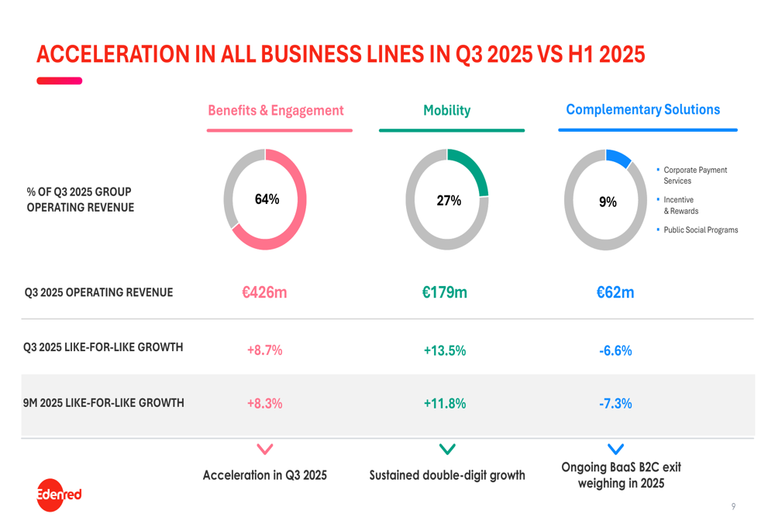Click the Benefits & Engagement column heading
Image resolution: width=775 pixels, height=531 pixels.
[x=275, y=111]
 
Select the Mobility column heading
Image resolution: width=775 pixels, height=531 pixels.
[x=446, y=111]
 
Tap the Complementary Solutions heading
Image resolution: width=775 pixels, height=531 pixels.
[x=642, y=110]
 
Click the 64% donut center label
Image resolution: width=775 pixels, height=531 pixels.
[x=267, y=199]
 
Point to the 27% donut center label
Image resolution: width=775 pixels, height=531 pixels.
[x=448, y=201]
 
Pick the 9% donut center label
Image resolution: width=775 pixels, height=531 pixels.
[x=608, y=202]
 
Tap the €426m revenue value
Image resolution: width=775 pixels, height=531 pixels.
[x=264, y=293]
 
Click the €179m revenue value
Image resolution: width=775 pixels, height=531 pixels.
[x=444, y=293]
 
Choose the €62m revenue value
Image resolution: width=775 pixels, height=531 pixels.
[x=615, y=293]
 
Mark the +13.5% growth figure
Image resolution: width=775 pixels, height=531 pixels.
[x=444, y=350]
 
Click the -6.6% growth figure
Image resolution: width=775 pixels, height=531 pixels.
[x=615, y=350]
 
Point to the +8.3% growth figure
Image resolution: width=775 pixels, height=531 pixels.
[x=264, y=403]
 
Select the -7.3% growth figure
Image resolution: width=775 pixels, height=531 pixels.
[x=615, y=403]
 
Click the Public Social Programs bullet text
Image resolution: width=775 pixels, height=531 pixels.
[x=701, y=230]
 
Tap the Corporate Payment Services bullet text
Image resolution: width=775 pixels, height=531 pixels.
[x=695, y=175]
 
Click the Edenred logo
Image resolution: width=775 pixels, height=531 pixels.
[x=58, y=493]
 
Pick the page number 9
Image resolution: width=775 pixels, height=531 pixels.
[x=733, y=507]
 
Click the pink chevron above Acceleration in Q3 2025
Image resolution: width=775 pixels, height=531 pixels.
[x=264, y=449]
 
